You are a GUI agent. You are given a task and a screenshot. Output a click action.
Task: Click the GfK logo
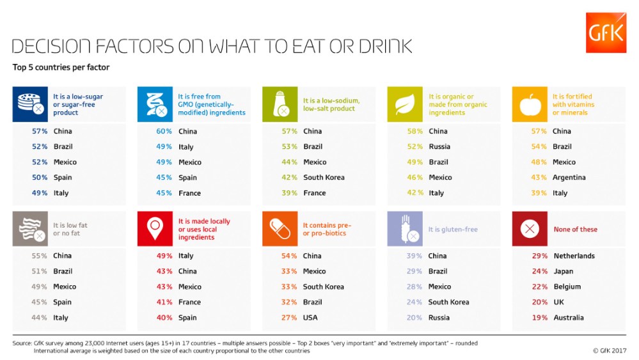click(606, 33)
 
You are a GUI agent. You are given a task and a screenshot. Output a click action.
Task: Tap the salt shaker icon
click(280, 104)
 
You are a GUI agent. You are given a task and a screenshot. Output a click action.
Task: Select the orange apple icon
click(530, 104)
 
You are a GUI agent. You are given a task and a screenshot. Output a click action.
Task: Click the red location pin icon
click(155, 229)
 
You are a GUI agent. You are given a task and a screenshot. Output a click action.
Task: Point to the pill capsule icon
click(280, 229)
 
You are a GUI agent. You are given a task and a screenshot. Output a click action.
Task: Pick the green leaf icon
click(405, 104)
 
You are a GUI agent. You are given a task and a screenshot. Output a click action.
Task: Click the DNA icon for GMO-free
click(155, 104)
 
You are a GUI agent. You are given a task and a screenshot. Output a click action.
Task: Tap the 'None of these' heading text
click(576, 230)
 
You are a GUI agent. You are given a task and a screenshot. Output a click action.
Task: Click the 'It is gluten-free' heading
click(453, 230)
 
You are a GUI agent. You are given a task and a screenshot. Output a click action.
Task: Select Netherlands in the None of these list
click(574, 256)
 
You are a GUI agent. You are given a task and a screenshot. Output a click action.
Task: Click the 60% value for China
click(164, 131)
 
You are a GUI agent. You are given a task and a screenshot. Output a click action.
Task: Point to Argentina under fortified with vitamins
click(569, 178)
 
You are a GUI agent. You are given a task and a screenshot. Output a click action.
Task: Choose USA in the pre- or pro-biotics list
click(310, 318)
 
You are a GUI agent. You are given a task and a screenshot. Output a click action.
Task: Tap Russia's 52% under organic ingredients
click(415, 146)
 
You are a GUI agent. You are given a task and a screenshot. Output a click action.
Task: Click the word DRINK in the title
click(386, 47)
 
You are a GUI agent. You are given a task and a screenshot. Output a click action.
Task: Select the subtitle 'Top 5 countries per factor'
click(61, 67)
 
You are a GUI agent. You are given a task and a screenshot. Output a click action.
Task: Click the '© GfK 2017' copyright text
click(610, 350)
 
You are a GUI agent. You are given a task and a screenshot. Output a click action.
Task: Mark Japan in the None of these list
click(563, 271)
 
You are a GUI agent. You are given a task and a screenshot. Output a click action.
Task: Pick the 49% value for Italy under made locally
click(164, 256)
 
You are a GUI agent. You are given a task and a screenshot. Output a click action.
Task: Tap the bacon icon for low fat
click(30, 229)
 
